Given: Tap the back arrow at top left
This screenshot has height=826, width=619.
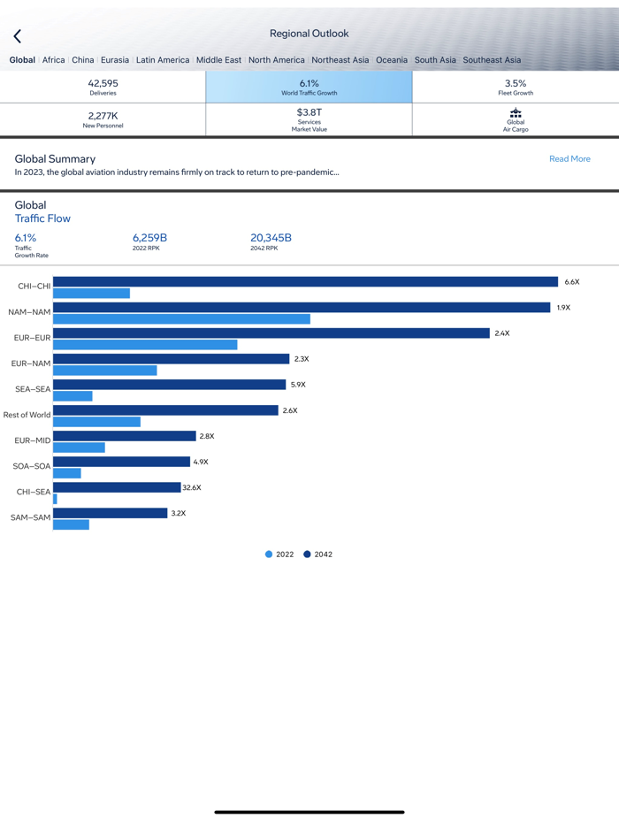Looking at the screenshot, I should (x=18, y=36).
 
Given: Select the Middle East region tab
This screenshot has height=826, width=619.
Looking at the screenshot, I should (x=218, y=60).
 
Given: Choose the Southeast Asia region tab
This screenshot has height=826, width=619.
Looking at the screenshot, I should (x=492, y=60).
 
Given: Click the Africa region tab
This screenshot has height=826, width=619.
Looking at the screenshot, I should (x=54, y=60).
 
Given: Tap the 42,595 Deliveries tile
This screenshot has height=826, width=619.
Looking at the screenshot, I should (x=103, y=87).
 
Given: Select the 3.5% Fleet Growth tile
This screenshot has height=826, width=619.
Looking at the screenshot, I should (x=516, y=87).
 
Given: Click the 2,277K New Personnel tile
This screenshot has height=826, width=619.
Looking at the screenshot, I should (x=103, y=119).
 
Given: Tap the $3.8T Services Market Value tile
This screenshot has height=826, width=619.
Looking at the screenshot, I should (x=309, y=119).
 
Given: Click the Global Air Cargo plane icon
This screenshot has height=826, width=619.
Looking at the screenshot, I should (x=516, y=113).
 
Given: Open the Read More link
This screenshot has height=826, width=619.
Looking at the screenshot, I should (x=569, y=159).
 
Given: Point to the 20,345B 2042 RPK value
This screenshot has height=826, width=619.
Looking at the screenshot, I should (x=271, y=238).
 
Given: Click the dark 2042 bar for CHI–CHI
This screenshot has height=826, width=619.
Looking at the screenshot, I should (x=305, y=282).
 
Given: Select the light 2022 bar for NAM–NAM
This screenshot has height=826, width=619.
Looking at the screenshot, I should (x=181, y=319).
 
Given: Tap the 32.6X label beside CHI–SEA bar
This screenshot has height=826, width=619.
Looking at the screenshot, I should (x=192, y=487).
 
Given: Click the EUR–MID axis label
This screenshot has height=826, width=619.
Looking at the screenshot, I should (x=33, y=440).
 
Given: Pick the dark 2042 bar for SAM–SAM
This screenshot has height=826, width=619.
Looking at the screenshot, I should (x=110, y=513).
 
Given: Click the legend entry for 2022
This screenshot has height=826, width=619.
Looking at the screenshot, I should (x=279, y=554).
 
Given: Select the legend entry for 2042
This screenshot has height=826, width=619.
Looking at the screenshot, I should (x=318, y=554).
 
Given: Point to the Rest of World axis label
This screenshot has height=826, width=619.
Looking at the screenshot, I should (x=27, y=415).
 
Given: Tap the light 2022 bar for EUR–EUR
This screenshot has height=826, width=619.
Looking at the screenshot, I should (x=145, y=345).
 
